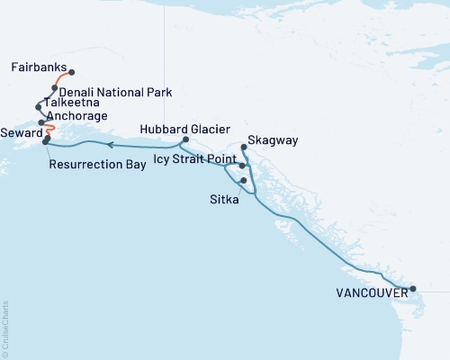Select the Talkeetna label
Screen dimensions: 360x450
[x=70, y=103]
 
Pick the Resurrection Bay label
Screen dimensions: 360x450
[x=97, y=165]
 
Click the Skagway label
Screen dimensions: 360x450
[x=273, y=140]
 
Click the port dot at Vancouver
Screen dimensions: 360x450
[x=413, y=289]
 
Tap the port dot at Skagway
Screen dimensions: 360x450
[x=244, y=147]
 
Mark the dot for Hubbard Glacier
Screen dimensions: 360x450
[x=185, y=139]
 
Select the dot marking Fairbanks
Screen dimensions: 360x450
[x=71, y=73]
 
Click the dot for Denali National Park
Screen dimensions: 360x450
[x=55, y=88]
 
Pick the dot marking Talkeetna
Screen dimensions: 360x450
[x=39, y=106]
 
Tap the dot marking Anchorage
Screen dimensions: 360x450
[x=42, y=122]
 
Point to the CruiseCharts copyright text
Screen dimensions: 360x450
[x=4, y=328]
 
